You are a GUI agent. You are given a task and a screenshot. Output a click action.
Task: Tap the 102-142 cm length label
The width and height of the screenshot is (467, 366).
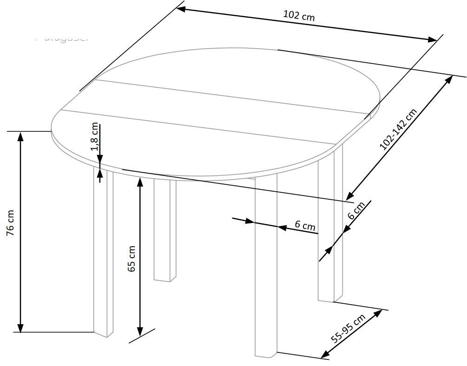tap(398, 129)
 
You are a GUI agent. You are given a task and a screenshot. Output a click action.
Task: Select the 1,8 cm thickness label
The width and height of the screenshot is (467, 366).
tap(95, 137)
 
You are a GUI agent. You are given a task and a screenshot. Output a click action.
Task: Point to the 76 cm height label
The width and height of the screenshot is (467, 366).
tap(11, 223)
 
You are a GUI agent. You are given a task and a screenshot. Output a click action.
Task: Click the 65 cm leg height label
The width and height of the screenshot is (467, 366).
tap(132, 259)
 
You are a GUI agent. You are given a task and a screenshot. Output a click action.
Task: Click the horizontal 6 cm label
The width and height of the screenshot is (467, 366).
tap(305, 226)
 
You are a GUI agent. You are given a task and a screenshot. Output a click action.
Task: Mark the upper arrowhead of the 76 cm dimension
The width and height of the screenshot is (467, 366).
tap(20, 136)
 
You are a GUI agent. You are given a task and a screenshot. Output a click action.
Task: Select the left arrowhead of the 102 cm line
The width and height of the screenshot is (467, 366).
tap(182, 8)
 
